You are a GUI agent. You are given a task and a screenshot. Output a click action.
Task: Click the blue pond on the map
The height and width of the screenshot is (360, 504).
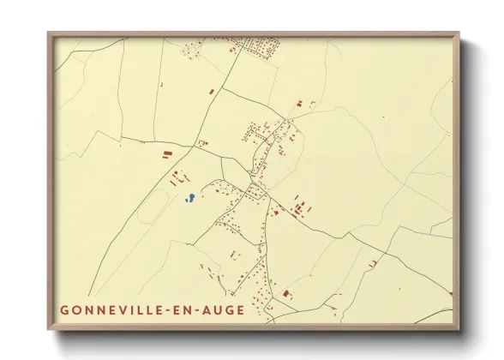tap(190, 198)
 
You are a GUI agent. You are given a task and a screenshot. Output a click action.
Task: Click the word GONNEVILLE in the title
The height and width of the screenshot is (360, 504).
tap(119, 309)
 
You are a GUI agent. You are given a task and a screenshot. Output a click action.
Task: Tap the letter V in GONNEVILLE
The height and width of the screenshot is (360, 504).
tap(131, 309)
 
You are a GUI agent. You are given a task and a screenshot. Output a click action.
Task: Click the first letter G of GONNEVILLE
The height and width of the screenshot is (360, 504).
tap(65, 309)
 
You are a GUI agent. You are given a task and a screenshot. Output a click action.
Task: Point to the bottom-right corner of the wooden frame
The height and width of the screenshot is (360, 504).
tap(458, 328)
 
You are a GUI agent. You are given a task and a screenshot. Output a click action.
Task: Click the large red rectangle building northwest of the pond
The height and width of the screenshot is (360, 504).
tap(166, 155)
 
